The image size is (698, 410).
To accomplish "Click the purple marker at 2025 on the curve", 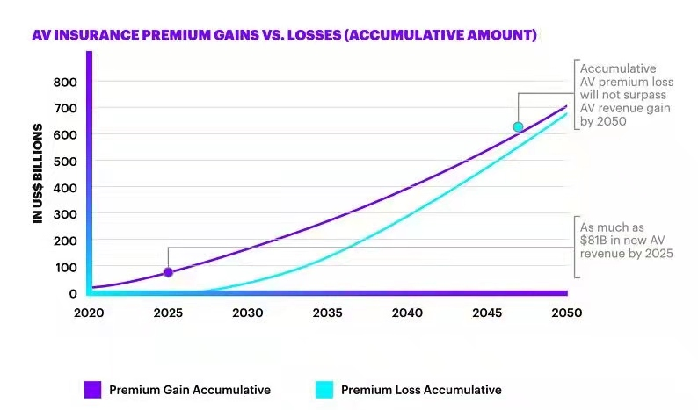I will point(168,272).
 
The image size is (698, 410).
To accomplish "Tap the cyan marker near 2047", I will point(518,127).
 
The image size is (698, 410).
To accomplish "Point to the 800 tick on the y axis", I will point(67,82).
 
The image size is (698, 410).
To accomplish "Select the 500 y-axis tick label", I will point(67,161).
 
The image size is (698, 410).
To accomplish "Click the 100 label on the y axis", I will point(67,267).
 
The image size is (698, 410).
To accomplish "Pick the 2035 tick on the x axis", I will point(327,312).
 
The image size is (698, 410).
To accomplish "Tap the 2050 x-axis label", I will point(565,312).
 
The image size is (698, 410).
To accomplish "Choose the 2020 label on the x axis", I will point(89,312).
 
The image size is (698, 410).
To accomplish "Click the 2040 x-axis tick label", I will point(407,312).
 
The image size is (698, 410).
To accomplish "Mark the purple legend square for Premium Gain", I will point(91,389).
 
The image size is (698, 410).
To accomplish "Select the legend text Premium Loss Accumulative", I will point(421,389).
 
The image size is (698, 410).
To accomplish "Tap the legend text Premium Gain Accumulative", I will point(190,389).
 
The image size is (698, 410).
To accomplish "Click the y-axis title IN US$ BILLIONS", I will point(39,173).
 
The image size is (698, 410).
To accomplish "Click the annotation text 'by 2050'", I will point(603,122).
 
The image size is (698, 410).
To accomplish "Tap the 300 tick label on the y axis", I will point(67,213).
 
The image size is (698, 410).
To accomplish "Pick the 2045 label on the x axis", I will point(486,312).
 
